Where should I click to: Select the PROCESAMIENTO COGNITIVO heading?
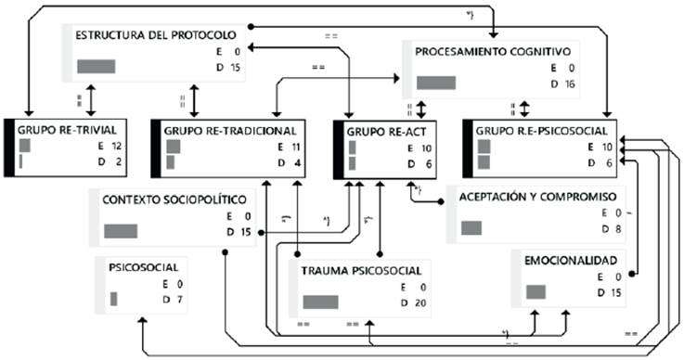pos(497,52)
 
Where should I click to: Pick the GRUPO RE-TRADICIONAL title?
pos(229,131)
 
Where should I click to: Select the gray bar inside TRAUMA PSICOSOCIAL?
pos(320,302)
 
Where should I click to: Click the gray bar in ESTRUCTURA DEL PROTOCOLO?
pos(96,67)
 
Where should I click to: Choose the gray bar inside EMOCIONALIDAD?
pos(535,292)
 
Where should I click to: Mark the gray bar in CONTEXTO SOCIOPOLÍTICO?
pos(121,231)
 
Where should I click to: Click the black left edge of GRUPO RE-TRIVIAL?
pos(8,147)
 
